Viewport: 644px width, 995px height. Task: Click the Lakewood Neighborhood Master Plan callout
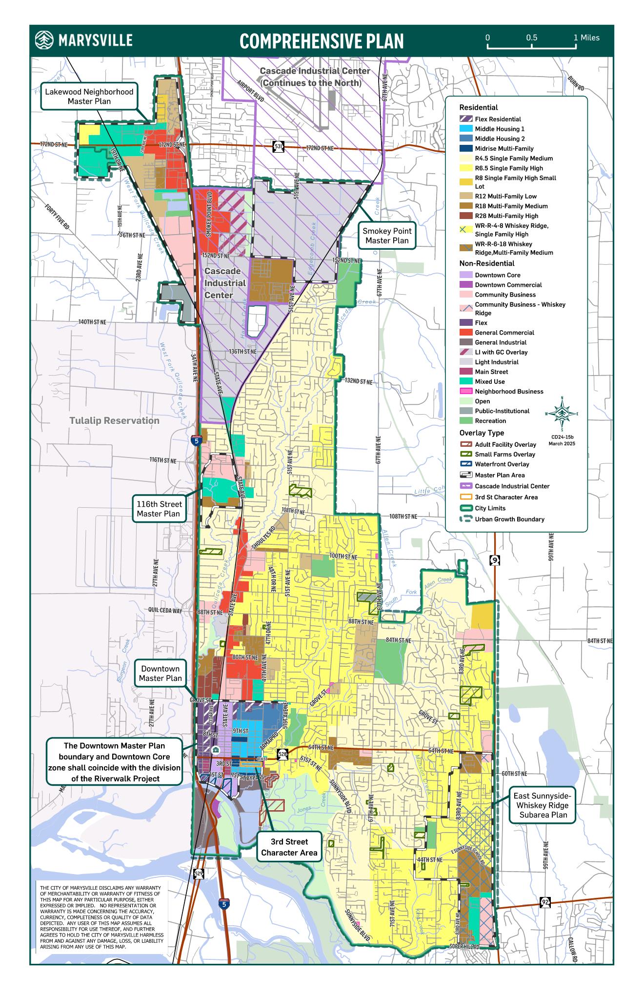pyautogui.click(x=89, y=96)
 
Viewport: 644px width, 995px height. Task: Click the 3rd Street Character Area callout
pyautogui.click(x=289, y=847)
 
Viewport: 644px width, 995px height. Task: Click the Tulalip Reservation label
pyautogui.click(x=114, y=420)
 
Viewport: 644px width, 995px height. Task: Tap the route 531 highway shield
pyautogui.click(x=278, y=147)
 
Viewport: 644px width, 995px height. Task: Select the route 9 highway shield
pyautogui.click(x=495, y=560)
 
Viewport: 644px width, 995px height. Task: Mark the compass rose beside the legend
pyautogui.click(x=562, y=414)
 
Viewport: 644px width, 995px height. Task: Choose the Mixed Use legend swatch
pyautogui.click(x=466, y=381)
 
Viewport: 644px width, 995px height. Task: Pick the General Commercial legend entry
pyautogui.click(x=504, y=333)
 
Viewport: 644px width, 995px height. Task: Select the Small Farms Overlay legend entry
pyautogui.click(x=504, y=454)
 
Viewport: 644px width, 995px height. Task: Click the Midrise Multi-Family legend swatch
pyautogui.click(x=466, y=148)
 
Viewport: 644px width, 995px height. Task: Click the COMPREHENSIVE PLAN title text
pyautogui.click(x=322, y=41)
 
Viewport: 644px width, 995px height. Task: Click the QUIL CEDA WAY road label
pyautogui.click(x=165, y=611)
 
